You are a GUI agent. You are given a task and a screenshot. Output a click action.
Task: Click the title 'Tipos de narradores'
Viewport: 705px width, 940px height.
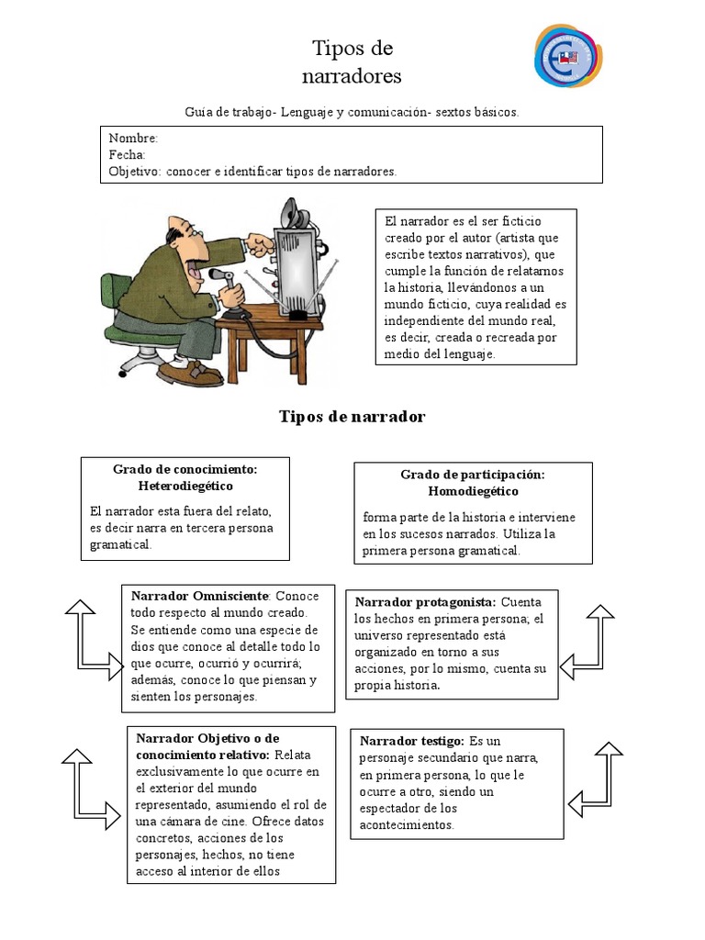point(352,62)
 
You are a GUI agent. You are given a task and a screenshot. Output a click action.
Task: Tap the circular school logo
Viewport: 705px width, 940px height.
point(569,56)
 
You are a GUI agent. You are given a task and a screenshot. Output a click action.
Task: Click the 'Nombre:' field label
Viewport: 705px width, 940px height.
point(133,138)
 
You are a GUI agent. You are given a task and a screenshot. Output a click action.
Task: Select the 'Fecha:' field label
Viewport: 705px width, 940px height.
point(127,154)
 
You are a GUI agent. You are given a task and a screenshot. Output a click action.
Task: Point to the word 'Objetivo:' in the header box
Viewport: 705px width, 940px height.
point(135,172)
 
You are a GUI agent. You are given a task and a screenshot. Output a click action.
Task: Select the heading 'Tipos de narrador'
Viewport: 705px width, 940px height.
point(352,417)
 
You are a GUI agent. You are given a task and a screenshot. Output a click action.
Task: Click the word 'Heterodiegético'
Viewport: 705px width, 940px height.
point(185,486)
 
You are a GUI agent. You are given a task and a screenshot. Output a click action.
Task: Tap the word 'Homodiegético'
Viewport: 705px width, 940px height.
point(473,491)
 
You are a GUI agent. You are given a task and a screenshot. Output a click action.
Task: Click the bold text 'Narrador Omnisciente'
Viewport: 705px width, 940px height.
point(200,596)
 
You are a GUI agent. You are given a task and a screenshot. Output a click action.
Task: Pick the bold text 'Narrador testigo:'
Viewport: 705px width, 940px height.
point(411,741)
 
